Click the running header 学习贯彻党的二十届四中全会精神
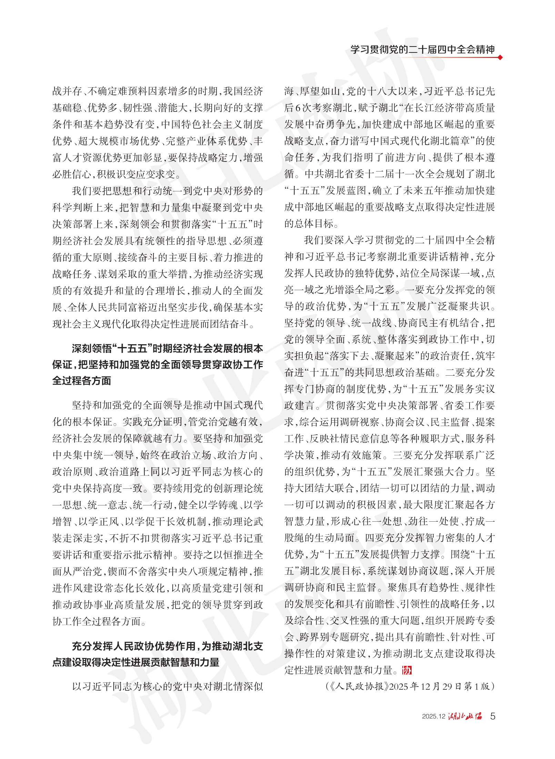[422, 49]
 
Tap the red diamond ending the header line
[500, 57]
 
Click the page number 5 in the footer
[493, 716]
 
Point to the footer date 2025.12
[433, 717]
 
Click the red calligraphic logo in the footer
[465, 716]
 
